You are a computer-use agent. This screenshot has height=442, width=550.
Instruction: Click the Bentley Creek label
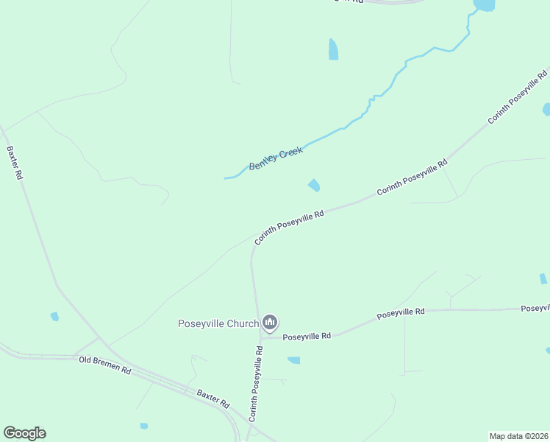click(x=276, y=158)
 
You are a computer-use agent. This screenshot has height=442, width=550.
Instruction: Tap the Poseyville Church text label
click(x=218, y=323)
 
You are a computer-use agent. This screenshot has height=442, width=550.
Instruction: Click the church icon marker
click(x=270, y=322)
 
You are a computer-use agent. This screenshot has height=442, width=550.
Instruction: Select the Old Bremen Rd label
click(x=105, y=365)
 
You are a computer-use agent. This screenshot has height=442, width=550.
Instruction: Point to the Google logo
click(x=24, y=433)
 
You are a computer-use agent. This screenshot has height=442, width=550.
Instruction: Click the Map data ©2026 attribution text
click(x=518, y=435)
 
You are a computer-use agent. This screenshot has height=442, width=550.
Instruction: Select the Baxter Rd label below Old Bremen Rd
click(x=213, y=399)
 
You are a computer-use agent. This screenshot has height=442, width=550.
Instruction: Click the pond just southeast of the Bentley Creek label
click(x=314, y=185)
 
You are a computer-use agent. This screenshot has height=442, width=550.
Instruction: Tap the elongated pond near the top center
click(x=333, y=49)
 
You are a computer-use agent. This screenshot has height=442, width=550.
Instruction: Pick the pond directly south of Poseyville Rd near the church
click(x=294, y=360)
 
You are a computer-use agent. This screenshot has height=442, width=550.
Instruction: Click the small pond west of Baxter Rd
click(x=54, y=317)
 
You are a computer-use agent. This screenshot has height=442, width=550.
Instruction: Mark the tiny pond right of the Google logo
click(x=144, y=426)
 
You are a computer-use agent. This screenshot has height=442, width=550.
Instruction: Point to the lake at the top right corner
click(x=485, y=5)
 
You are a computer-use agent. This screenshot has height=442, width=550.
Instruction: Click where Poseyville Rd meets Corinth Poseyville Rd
click(x=259, y=337)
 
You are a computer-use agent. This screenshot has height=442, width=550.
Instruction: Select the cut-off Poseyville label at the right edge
click(x=535, y=308)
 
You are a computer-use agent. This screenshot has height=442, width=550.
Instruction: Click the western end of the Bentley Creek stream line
click(x=225, y=178)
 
